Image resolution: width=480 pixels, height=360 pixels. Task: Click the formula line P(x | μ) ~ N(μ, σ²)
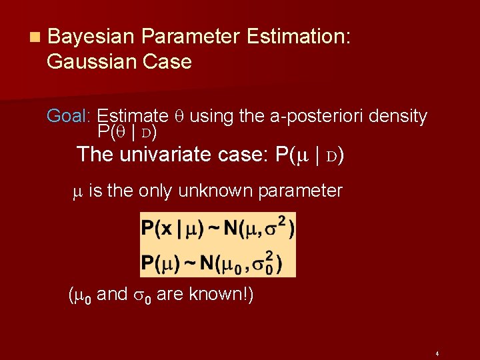click(x=217, y=230)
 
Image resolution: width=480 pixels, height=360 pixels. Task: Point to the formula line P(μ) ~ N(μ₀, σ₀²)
click(x=211, y=262)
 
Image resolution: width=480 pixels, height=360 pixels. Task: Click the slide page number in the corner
click(x=435, y=353)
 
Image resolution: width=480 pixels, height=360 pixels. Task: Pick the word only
click(x=154, y=191)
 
